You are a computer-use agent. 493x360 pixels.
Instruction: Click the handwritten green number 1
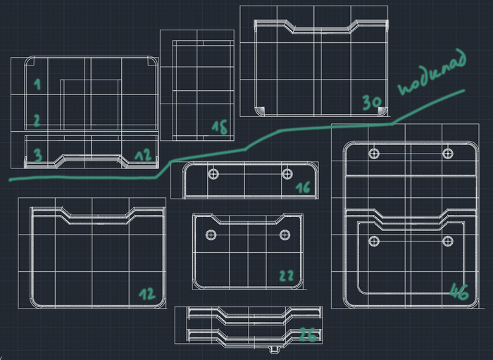click(37, 85)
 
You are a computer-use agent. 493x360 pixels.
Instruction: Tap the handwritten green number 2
click(37, 120)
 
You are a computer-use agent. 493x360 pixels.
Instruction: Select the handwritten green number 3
click(37, 154)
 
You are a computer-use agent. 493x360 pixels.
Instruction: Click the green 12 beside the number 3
click(143, 155)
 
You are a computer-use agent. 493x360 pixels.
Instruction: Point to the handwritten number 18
click(220, 128)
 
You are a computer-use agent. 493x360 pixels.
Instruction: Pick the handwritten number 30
click(372, 103)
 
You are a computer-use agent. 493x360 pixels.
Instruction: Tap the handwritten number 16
click(303, 188)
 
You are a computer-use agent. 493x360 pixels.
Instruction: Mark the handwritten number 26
click(307, 336)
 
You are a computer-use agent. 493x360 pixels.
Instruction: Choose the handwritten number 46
click(458, 292)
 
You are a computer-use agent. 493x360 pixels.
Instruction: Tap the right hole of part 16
click(287, 173)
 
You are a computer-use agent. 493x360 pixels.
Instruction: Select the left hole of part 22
click(210, 235)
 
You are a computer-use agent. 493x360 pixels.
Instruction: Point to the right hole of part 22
click(285, 235)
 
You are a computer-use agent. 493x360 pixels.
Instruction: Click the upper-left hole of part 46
click(374, 153)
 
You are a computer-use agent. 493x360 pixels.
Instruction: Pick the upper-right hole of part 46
click(447, 153)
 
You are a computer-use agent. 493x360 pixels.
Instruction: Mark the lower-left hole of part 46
click(374, 242)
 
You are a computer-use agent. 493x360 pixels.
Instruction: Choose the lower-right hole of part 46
click(447, 242)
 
